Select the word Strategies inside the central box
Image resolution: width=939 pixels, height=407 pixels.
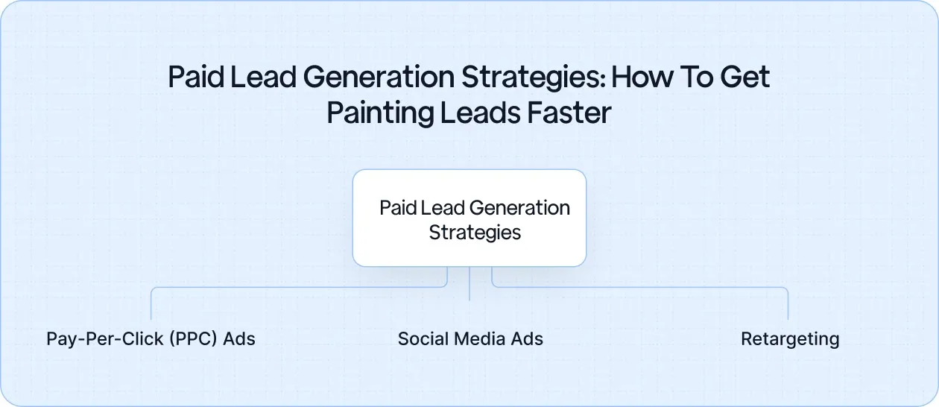pos(475,232)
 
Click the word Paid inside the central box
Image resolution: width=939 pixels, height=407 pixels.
pos(398,208)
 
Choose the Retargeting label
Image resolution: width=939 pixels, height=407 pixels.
pos(790,339)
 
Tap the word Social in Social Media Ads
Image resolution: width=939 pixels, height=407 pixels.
pos(421,339)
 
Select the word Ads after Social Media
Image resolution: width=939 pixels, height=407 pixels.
pos(526,339)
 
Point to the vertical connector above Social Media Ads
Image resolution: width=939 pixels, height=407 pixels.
pos(469,284)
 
